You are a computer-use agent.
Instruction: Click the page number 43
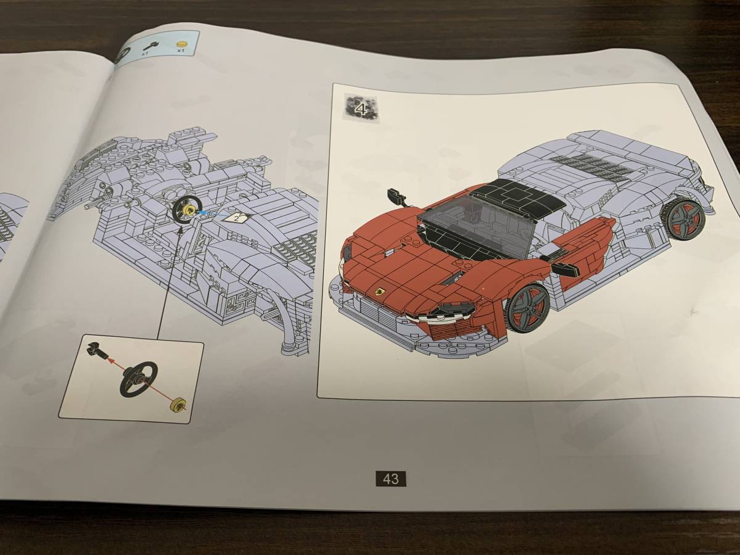(390, 479)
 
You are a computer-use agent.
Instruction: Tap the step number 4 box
(361, 110)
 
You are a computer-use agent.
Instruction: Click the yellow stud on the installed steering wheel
(187, 212)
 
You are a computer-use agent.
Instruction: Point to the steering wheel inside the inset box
(139, 378)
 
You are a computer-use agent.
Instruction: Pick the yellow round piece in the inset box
(178, 405)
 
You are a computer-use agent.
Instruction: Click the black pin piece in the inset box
(97, 350)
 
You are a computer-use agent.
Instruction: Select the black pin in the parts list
(149, 45)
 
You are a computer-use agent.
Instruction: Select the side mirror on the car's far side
(396, 197)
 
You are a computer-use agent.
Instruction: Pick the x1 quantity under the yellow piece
(181, 52)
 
